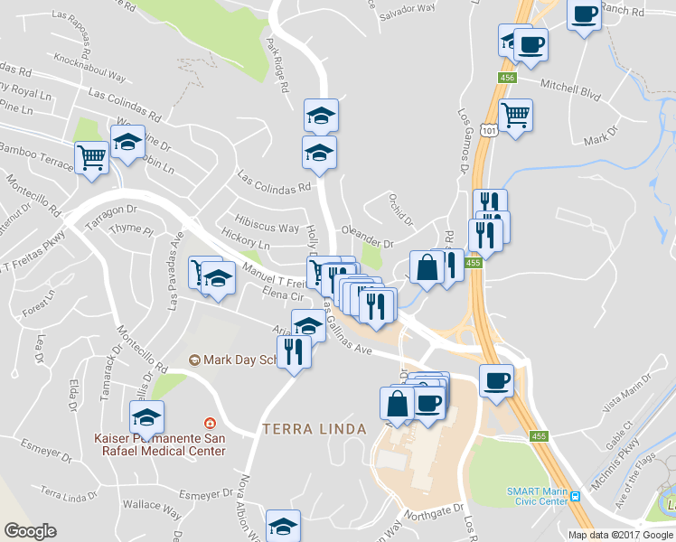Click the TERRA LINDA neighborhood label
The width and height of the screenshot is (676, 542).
pos(314,428)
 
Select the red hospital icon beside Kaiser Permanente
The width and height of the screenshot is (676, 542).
pos(210,423)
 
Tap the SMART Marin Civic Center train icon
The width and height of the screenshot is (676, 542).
pos(575,498)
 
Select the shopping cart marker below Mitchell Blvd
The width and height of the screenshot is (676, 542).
pos(515,114)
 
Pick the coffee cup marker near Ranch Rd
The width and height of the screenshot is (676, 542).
pos(585,14)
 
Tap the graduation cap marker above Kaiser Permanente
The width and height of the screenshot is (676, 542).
pos(146,416)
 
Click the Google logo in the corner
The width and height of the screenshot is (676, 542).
pos(31,531)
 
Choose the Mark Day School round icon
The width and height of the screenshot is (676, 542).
pos(193,360)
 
